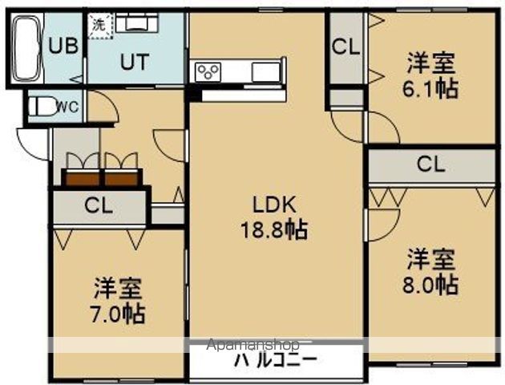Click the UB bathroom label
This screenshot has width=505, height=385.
[64, 46]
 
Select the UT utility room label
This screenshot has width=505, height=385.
[135, 62]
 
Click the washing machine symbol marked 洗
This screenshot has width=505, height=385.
[98, 24]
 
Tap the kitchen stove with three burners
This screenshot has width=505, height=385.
[208, 71]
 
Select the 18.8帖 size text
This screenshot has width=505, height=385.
[273, 231]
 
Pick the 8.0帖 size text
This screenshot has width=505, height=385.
[431, 284]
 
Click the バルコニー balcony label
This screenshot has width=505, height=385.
[276, 360]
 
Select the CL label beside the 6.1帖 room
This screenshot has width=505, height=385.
[345, 47]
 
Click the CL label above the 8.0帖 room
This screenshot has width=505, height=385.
[430, 165]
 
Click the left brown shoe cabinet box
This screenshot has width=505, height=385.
[83, 177]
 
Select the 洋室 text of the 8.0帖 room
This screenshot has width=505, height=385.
[431, 259]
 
